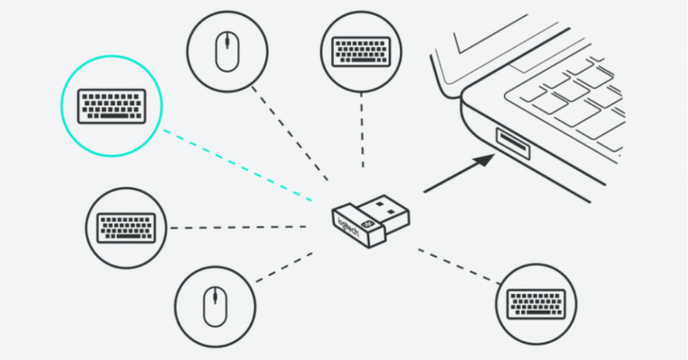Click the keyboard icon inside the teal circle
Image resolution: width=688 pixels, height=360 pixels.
[x=112, y=106]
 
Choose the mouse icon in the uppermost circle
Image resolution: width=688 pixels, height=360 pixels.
[x=227, y=51]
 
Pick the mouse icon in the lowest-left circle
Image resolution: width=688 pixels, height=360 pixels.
[x=214, y=306]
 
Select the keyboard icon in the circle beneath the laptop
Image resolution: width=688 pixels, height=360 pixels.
[x=536, y=303]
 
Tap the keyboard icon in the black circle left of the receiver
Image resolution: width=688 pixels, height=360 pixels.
[x=127, y=227]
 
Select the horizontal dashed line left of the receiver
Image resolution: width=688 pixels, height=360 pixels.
[x=243, y=227]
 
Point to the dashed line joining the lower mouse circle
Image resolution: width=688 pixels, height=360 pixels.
[x=282, y=268]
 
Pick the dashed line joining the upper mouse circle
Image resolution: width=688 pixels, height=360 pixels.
[x=290, y=134]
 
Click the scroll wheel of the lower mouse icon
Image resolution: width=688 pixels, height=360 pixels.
[x=214, y=296]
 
